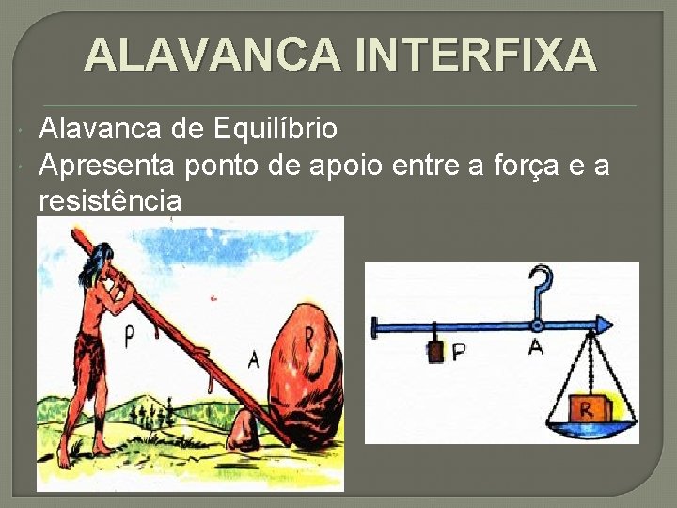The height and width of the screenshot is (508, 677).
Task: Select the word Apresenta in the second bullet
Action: [x=106, y=167]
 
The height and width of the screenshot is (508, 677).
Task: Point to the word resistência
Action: [x=111, y=201]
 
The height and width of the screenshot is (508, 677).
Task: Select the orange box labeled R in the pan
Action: [x=587, y=409]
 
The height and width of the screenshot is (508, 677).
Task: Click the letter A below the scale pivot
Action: [x=536, y=346]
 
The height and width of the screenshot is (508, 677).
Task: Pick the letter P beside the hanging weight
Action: [x=459, y=352]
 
